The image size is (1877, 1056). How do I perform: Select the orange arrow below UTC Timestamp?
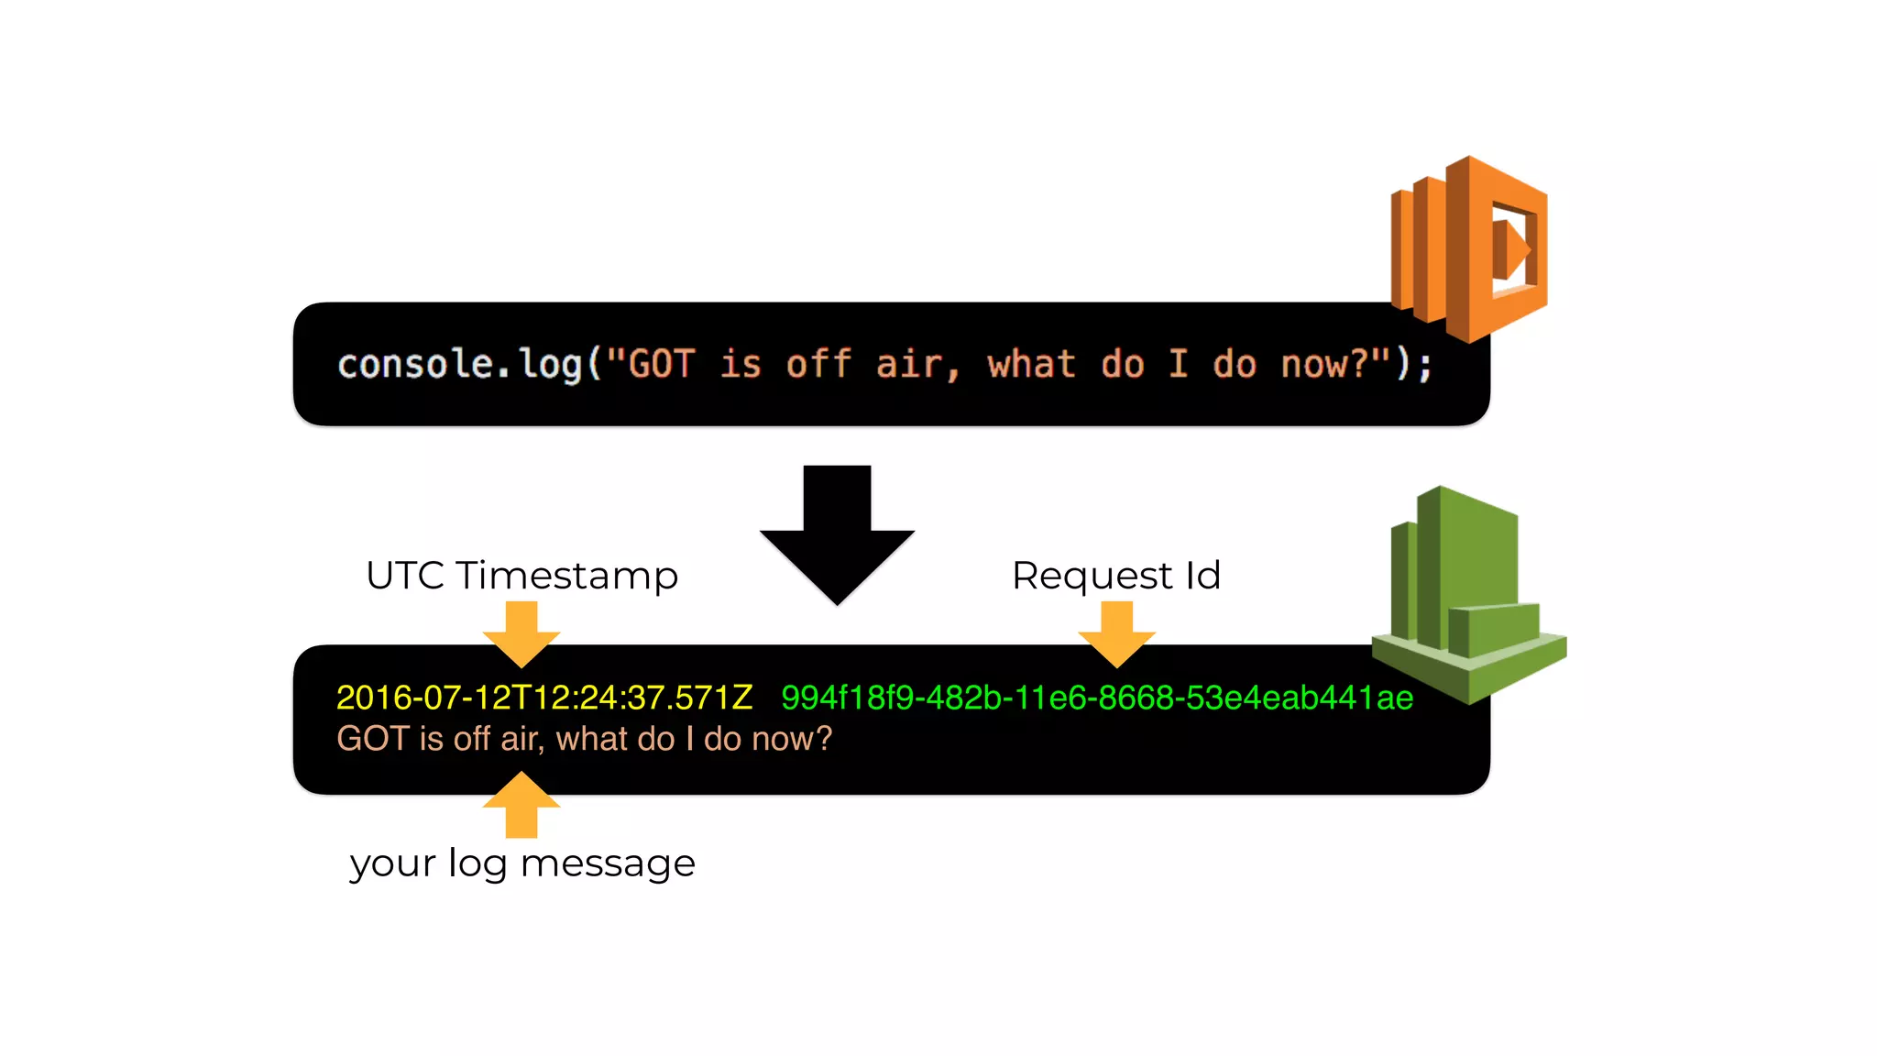(x=521, y=633)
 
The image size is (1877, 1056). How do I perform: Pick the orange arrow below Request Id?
(x=1116, y=633)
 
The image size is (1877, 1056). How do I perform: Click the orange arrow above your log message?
(x=521, y=804)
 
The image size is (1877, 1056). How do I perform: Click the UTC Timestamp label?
(x=521, y=576)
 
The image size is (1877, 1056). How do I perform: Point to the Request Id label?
(x=1115, y=576)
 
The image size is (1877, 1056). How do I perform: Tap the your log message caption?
(x=522, y=863)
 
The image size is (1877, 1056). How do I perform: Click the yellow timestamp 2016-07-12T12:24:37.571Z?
(x=544, y=698)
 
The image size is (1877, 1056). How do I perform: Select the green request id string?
(x=1096, y=698)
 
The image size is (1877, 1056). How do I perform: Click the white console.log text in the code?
(x=459, y=364)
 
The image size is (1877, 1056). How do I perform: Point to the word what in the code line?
(x=1031, y=364)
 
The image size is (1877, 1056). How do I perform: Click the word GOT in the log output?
(x=372, y=739)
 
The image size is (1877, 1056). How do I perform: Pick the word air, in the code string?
(x=917, y=364)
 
